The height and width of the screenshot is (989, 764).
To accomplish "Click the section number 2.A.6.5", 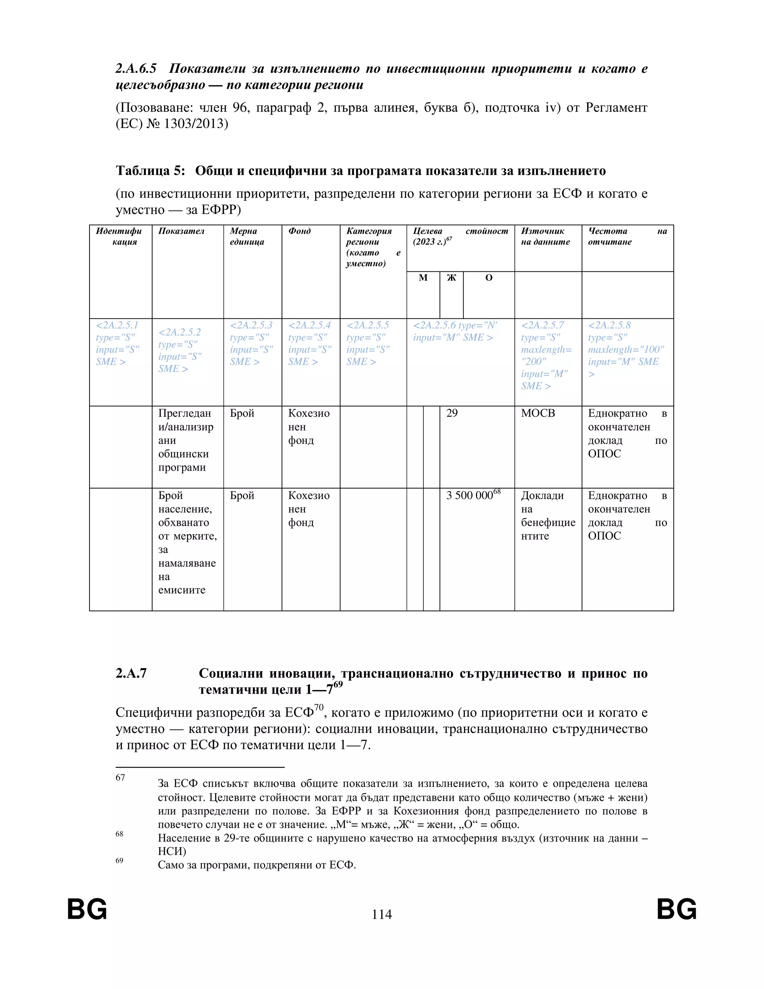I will click(x=136, y=69).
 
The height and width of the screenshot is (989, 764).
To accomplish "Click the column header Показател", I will click(x=181, y=231).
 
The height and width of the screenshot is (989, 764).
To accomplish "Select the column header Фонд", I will click(x=299, y=231).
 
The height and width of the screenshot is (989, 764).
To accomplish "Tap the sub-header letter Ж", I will click(x=451, y=278).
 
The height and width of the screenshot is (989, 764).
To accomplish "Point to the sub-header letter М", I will click(x=423, y=278).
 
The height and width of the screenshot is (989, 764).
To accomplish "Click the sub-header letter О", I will click(x=488, y=278).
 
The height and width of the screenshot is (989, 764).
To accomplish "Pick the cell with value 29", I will click(x=452, y=413).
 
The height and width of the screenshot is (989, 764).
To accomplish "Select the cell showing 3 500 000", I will click(x=469, y=495).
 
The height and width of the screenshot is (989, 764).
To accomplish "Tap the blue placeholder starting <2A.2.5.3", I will click(x=251, y=343).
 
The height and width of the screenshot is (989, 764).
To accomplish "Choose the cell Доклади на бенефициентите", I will click(x=547, y=515).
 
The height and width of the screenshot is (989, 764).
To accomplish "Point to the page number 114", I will click(x=382, y=914).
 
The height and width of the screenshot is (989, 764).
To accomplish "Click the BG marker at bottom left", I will click(x=87, y=909).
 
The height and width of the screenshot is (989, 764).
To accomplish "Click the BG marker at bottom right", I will click(x=676, y=909).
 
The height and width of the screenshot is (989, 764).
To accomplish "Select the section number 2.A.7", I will click(x=131, y=673).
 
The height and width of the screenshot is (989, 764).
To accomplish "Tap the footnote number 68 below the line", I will click(x=119, y=834).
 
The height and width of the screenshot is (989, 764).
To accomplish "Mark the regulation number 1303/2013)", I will click(x=195, y=124).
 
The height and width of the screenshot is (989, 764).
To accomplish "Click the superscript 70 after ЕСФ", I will click(x=319, y=707).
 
